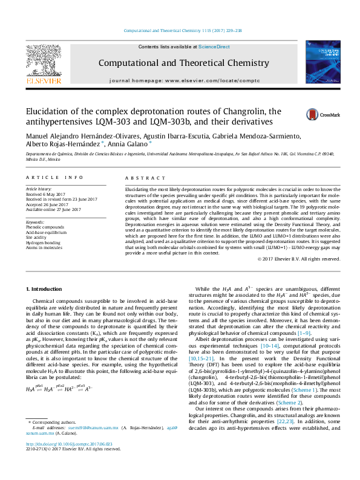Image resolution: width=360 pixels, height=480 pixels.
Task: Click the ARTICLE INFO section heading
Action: coord(54,178)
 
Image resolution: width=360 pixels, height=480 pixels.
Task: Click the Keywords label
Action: coord(36,222)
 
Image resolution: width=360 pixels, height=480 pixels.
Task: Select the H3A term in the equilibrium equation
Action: coord(30,407)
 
